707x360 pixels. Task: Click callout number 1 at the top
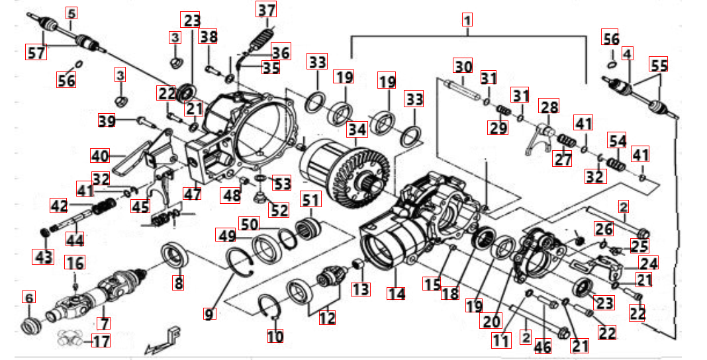click(x=467, y=21)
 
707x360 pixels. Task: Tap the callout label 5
click(x=71, y=13)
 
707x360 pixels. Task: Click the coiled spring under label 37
click(x=265, y=34)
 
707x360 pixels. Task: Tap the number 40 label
click(x=99, y=156)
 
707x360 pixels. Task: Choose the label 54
click(x=617, y=142)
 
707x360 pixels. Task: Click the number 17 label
click(x=100, y=341)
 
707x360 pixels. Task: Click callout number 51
click(x=310, y=199)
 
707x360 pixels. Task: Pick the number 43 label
click(x=42, y=255)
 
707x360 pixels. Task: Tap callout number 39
click(x=107, y=121)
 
